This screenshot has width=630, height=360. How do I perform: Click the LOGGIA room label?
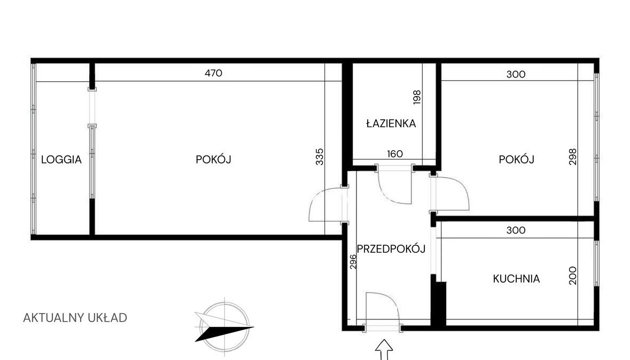(x=61, y=160)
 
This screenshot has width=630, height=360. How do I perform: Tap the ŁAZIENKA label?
(x=391, y=123)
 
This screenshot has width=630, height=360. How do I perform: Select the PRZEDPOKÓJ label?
(x=391, y=249)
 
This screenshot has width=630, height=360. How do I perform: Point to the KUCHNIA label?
(x=516, y=279)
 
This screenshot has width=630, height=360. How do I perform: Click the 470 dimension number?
(x=213, y=73)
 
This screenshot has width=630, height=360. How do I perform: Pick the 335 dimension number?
(x=320, y=156)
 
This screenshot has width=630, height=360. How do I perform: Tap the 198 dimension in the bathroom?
(x=417, y=97)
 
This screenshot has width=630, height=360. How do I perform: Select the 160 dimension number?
(x=395, y=154)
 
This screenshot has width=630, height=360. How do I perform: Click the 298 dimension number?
(x=573, y=156)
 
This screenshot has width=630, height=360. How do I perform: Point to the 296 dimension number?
(x=353, y=262)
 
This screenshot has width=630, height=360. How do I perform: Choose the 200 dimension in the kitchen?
(x=573, y=276)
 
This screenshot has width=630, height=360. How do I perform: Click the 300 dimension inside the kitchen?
(x=516, y=230)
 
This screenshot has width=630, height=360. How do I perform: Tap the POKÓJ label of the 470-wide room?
(x=213, y=160)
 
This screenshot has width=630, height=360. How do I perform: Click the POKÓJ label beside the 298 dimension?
(x=516, y=160)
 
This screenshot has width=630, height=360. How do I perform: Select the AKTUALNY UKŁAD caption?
(x=75, y=318)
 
